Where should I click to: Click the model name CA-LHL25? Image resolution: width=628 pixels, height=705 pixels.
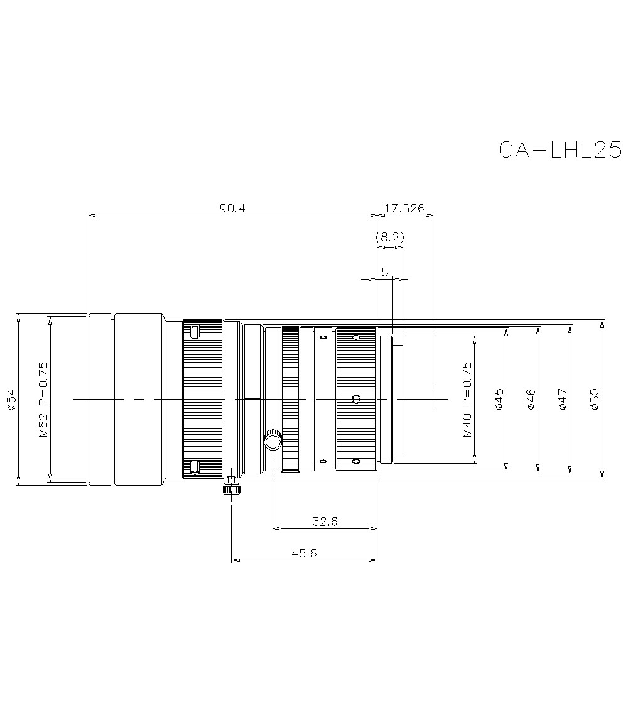[x=560, y=150]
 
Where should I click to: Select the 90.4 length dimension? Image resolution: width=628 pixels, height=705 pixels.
[x=232, y=209]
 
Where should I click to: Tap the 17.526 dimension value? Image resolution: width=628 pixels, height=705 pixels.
[x=405, y=209]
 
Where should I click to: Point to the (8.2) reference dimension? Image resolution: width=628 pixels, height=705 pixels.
[x=389, y=238]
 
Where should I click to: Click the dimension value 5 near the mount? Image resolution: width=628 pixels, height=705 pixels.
[x=385, y=271]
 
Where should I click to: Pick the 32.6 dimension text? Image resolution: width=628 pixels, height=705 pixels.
[x=325, y=521]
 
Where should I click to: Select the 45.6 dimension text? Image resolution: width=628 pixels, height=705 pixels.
[x=305, y=552]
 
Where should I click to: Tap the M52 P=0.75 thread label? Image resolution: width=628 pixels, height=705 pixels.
[x=43, y=400]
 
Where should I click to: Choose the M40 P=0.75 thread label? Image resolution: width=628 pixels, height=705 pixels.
[x=467, y=400]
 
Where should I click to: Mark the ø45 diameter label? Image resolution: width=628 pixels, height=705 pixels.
[x=499, y=400]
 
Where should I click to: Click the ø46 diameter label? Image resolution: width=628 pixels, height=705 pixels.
[x=531, y=400]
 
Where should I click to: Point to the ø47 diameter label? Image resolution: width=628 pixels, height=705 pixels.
[x=563, y=400]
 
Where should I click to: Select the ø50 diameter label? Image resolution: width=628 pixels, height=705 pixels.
[x=595, y=400]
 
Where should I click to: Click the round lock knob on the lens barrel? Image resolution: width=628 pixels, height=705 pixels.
[x=273, y=442]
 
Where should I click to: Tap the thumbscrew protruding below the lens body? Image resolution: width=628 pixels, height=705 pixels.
[x=231, y=486]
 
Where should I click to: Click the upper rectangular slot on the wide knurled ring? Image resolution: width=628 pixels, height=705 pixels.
[x=195, y=332]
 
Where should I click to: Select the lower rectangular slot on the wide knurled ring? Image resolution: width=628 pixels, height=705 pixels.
[x=195, y=466]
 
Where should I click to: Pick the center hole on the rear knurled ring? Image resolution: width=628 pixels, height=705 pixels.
[x=356, y=399]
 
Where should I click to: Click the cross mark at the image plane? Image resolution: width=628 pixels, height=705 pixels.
[x=433, y=399]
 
